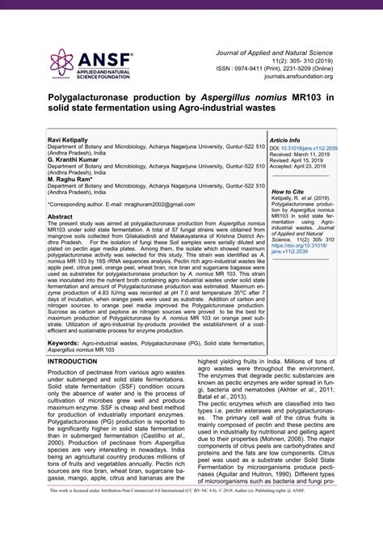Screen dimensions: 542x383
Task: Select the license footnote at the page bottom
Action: coord(191,533)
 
